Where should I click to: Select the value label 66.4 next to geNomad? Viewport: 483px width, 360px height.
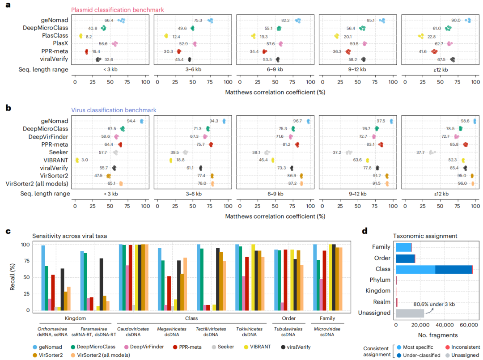pyautogui.click(x=109, y=21)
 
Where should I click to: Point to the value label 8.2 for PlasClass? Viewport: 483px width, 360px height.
pyautogui.click(x=89, y=36)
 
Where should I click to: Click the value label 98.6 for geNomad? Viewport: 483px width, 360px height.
pyautogui.click(x=466, y=121)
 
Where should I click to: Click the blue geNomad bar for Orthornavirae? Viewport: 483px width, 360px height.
pyautogui.click(x=43, y=278)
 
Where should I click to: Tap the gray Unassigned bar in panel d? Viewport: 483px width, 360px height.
pyautogui.click(x=410, y=313)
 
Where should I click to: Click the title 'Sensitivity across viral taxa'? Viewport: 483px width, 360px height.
pyautogui.click(x=70, y=235)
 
